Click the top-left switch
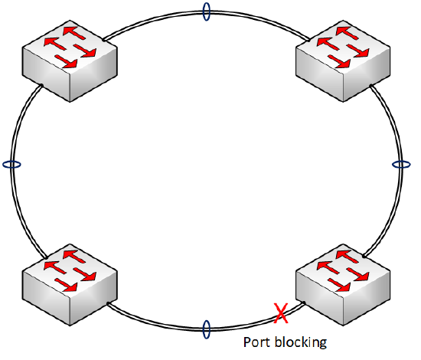(x=70, y=61)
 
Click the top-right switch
(x=343, y=61)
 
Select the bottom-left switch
(x=70, y=285)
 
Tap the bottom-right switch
(x=343, y=285)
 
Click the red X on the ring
(x=281, y=313)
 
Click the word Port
(x=256, y=342)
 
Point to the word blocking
(x=301, y=342)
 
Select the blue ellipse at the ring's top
(x=206, y=11)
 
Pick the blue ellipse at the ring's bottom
(x=206, y=329)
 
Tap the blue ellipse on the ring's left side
(x=11, y=165)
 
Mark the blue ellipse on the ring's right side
(x=401, y=165)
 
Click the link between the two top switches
(x=206, y=11)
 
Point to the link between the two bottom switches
(x=206, y=329)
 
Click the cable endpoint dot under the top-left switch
(x=41, y=86)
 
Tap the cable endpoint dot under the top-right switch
(x=370, y=86)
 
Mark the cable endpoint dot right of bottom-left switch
(x=108, y=303)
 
